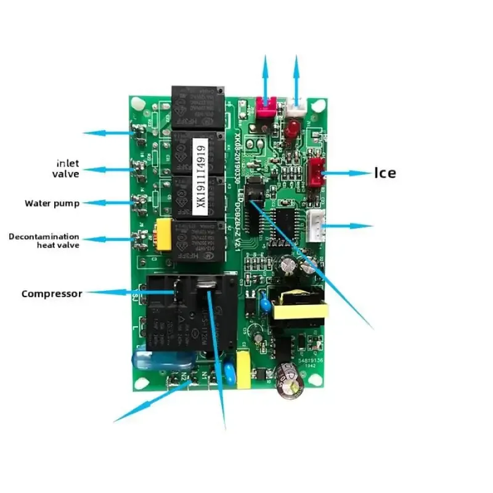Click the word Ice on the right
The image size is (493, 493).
coord(385,173)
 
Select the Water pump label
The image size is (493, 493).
coord(52,203)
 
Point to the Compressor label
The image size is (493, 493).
coord(51,294)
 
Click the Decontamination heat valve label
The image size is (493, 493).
coord(44,240)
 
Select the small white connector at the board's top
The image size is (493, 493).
coord(296,108)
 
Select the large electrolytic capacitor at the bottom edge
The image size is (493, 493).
coord(290,380)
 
